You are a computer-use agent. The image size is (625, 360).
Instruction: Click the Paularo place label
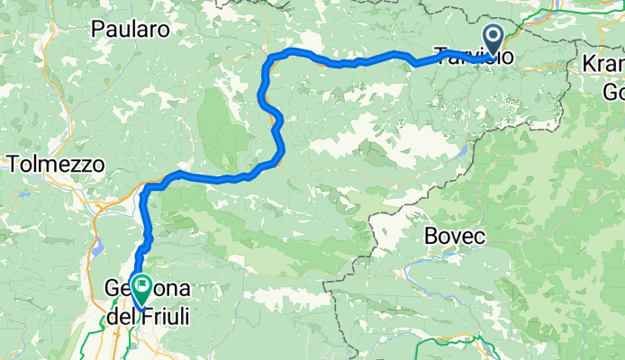click(131, 30)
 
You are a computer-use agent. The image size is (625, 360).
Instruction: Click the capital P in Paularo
click(97, 30)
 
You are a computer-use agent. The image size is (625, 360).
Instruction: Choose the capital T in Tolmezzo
click(14, 165)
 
